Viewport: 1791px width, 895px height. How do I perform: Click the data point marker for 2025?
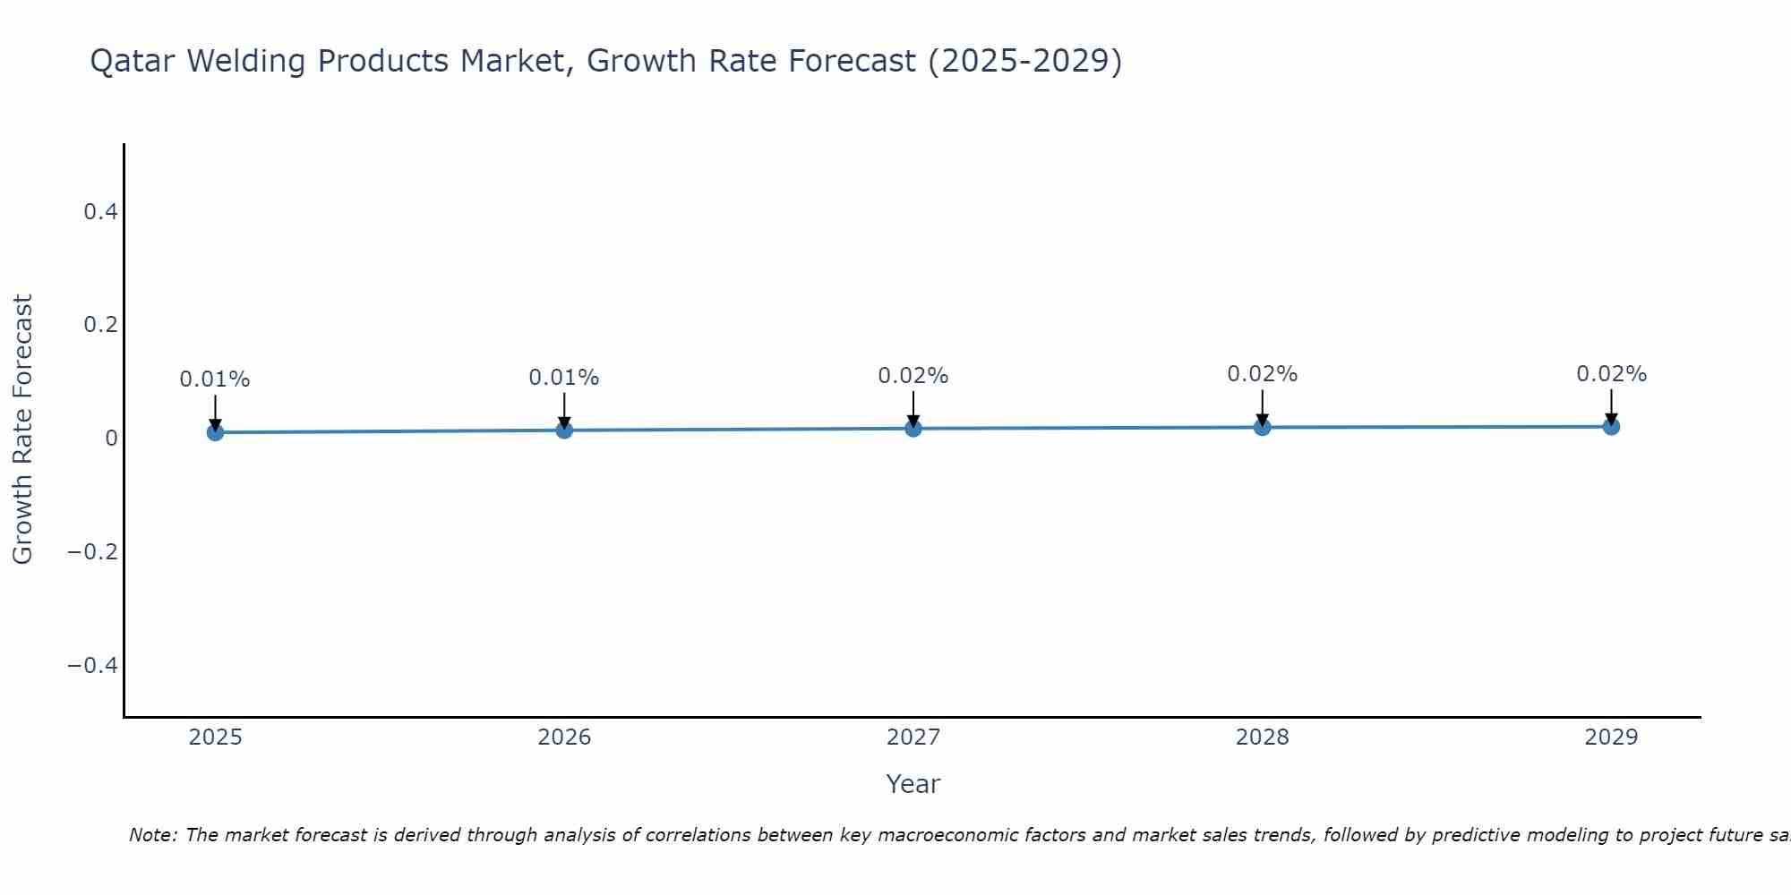tap(215, 432)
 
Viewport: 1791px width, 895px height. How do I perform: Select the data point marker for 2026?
tap(564, 430)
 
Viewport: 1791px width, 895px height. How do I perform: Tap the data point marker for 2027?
tap(913, 429)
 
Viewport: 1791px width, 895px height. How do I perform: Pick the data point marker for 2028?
tap(1262, 427)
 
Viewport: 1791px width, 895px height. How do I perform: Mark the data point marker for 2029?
tap(1611, 426)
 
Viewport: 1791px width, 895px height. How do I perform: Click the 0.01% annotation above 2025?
tap(215, 379)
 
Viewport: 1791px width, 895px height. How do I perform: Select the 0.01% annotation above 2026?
tap(564, 378)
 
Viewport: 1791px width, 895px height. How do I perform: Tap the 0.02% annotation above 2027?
tap(913, 376)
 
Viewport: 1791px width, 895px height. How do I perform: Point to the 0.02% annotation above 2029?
tap(1611, 374)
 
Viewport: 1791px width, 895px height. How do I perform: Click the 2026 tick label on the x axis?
tap(564, 737)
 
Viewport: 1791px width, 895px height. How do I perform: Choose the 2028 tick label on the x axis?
tap(1262, 737)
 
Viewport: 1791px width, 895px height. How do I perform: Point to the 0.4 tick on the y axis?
tap(100, 212)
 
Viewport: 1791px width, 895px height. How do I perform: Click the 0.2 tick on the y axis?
tap(100, 325)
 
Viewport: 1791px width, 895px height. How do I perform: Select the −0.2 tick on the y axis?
tap(92, 551)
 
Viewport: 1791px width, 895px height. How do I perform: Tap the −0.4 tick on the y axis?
tap(92, 665)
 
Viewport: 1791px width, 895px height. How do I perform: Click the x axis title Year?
tap(913, 784)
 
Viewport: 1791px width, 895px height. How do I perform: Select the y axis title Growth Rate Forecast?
tap(22, 430)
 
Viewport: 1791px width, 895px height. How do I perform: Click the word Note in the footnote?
tap(151, 835)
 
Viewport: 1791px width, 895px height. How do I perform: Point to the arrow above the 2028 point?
tap(1262, 408)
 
